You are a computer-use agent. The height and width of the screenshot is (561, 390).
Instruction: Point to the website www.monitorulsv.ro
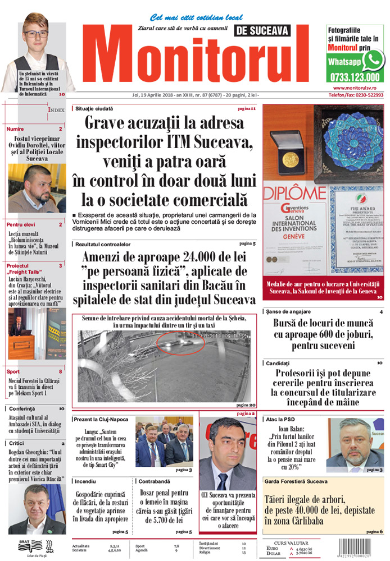point(358,88)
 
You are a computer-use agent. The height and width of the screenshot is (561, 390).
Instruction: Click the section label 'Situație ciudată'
point(94,108)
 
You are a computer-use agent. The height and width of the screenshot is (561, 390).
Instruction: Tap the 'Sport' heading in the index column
point(13,371)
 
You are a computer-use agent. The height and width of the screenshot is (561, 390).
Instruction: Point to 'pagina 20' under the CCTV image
point(246,404)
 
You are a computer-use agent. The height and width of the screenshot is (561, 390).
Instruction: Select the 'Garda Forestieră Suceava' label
point(292,481)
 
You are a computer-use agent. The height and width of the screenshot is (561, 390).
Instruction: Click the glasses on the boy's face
point(36,34)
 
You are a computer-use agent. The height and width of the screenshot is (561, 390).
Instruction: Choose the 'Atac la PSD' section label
point(279,419)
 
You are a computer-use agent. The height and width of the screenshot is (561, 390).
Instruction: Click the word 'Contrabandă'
point(155,481)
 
